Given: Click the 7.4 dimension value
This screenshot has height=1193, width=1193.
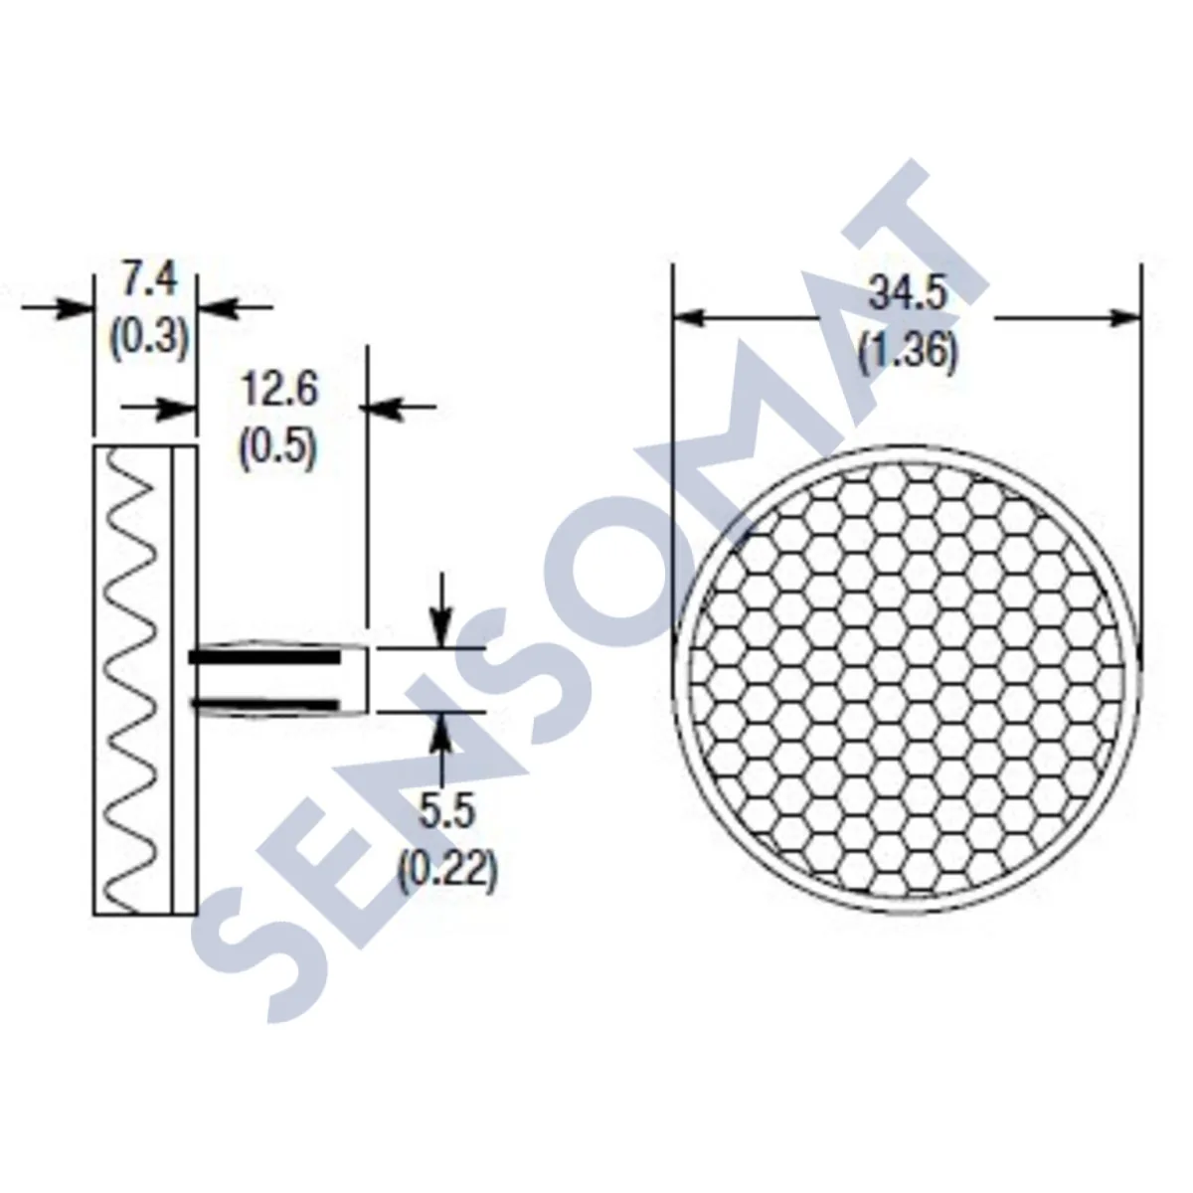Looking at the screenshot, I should pyautogui.click(x=148, y=280).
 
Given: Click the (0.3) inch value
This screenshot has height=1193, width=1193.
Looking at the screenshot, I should pyautogui.click(x=148, y=339).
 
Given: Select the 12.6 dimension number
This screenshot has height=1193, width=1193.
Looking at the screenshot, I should pyautogui.click(x=279, y=390).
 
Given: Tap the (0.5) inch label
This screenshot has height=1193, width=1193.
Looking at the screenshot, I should pyautogui.click(x=278, y=448).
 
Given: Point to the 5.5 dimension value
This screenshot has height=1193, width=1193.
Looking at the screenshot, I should pyautogui.click(x=446, y=813).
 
